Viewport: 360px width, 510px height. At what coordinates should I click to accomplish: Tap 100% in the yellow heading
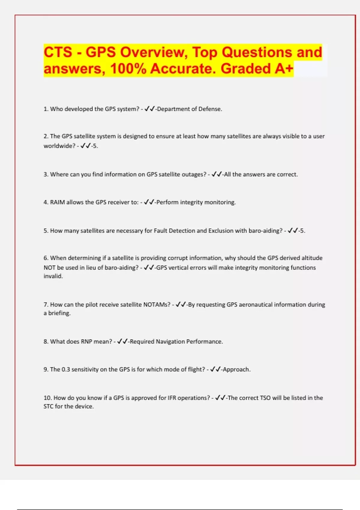click(x=128, y=68)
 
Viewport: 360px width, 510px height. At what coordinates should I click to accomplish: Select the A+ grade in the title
click(x=284, y=68)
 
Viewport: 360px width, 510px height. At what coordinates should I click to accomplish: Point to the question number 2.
click(x=46, y=136)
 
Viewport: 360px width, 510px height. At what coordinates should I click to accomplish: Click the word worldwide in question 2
click(x=59, y=146)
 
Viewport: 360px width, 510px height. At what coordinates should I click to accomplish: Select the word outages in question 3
click(x=195, y=174)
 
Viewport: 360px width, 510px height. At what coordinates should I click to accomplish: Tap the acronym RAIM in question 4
click(x=57, y=202)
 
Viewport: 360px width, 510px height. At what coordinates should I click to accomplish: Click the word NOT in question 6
click(x=49, y=268)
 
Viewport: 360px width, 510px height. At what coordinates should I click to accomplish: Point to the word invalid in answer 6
click(x=53, y=276)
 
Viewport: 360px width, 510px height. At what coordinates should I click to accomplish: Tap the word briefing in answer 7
click(x=59, y=313)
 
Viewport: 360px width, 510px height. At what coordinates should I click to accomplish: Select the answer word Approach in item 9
click(x=236, y=369)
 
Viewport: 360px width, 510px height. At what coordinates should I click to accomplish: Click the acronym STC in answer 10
click(x=48, y=406)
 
